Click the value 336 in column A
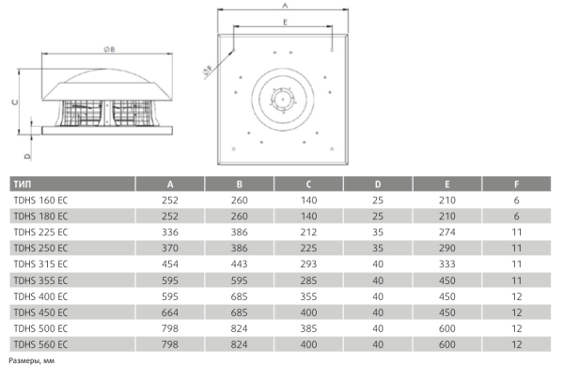click(169, 231)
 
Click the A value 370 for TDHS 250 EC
click(169, 247)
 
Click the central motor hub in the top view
click(280, 97)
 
